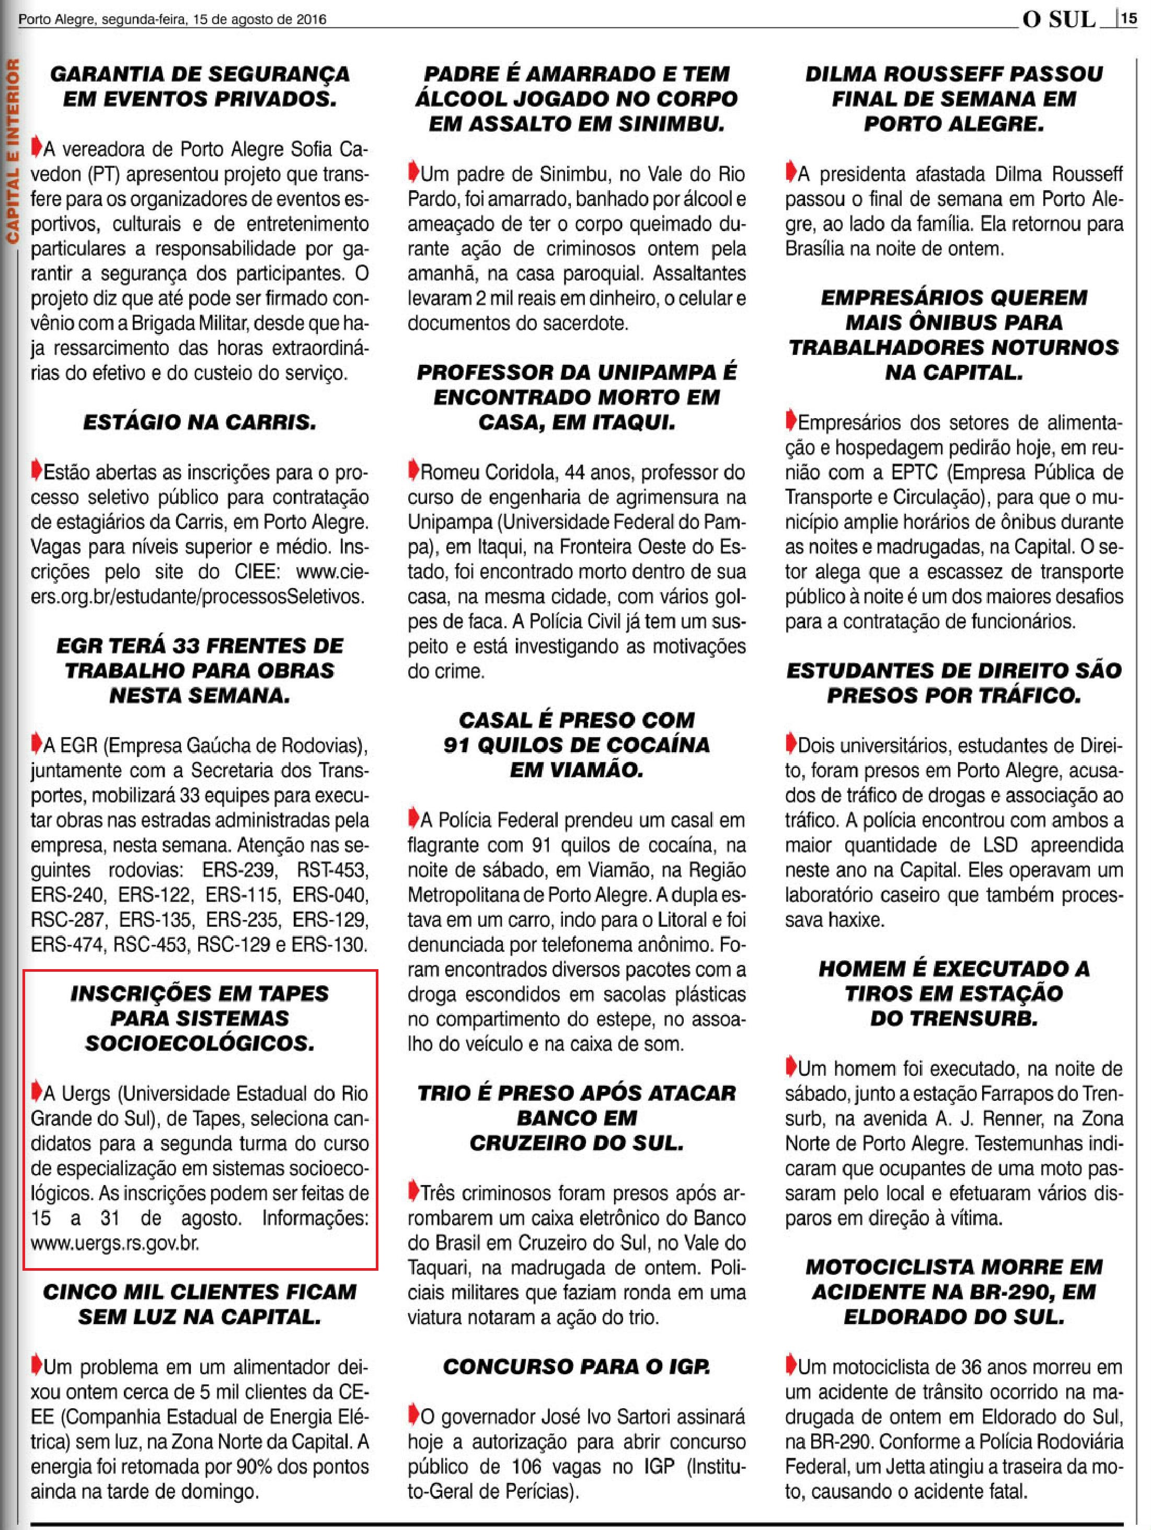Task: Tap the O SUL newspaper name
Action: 1060,19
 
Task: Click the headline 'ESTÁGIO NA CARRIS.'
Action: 200,422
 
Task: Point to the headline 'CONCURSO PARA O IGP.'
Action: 576,1367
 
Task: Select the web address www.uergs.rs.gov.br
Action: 115,1243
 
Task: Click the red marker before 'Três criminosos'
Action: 413,1191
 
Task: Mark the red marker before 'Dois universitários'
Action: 791,744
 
